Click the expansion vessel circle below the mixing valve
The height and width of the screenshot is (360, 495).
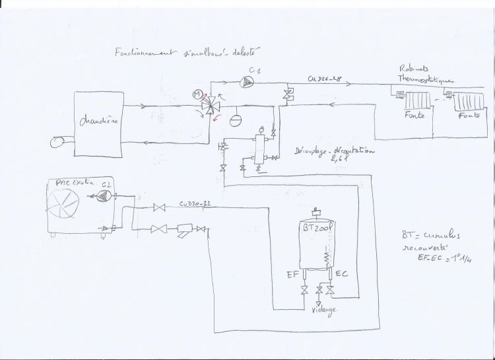click(x=235, y=121)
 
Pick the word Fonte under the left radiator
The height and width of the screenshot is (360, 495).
click(x=413, y=116)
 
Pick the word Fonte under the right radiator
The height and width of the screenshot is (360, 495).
click(x=470, y=116)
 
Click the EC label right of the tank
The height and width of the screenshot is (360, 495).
click(x=343, y=273)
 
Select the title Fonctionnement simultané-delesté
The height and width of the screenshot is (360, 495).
click(x=187, y=50)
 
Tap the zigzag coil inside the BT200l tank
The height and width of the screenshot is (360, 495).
click(x=325, y=254)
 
